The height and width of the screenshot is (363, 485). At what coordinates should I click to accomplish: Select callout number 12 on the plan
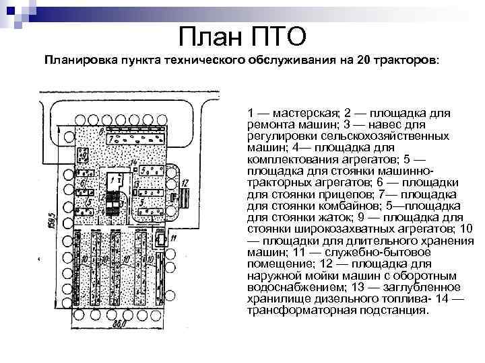tap(185, 182)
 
